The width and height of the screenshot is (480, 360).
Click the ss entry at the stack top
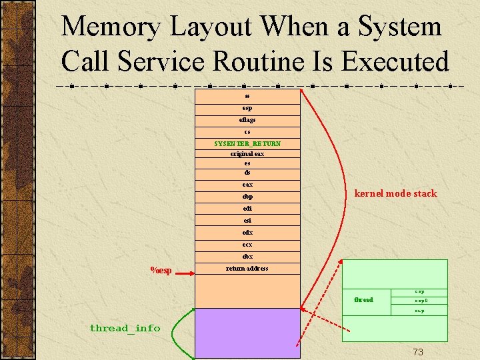247,96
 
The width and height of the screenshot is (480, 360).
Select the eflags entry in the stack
247,120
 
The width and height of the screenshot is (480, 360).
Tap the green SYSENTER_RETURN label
247,143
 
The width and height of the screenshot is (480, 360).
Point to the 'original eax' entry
247,153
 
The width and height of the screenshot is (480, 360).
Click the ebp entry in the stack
247,197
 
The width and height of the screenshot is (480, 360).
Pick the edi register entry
247,209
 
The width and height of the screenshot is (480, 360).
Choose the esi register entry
247,221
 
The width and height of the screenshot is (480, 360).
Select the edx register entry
247,233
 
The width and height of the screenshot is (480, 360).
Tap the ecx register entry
247,245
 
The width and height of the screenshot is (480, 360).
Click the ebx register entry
247,257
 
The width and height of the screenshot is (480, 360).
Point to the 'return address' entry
247,269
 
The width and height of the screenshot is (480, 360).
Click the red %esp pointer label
161,270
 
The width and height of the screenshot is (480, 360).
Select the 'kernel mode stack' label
395,193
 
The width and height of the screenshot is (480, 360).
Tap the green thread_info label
125,327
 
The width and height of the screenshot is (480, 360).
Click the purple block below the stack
247,333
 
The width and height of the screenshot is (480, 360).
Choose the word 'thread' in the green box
363,300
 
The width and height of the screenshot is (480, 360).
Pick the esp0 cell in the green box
420,301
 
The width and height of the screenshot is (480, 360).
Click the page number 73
418,351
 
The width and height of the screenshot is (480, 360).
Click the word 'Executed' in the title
395,61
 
